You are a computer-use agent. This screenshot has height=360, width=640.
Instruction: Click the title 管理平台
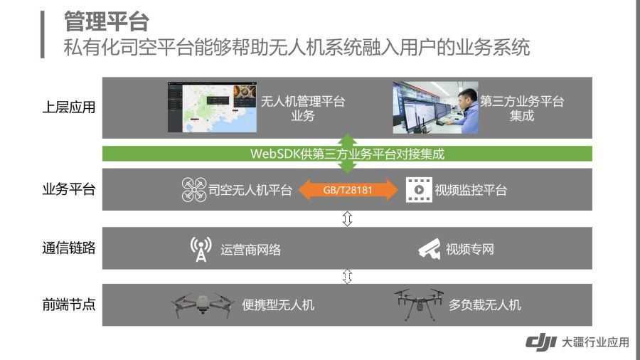(107, 21)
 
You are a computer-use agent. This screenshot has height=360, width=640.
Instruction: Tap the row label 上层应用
(69, 107)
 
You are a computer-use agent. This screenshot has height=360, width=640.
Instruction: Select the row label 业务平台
(69, 189)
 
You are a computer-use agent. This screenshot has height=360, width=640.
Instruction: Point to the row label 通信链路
(69, 248)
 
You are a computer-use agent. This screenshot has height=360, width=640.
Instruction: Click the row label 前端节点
(69, 305)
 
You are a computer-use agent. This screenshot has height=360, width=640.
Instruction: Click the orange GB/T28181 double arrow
(348, 190)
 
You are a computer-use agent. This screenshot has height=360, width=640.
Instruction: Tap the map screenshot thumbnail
(212, 107)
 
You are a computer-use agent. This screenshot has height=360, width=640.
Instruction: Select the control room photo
(435, 107)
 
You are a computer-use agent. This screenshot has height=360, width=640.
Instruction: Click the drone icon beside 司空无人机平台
(194, 190)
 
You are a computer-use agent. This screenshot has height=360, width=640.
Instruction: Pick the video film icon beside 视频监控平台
(419, 190)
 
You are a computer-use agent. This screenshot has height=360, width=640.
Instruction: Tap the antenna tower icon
(201, 249)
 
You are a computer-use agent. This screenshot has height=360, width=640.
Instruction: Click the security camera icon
(430, 248)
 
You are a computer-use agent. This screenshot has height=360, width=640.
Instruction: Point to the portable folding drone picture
(203, 305)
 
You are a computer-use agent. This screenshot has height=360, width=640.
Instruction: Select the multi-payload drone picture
(419, 304)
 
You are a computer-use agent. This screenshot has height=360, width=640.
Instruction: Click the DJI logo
(541, 342)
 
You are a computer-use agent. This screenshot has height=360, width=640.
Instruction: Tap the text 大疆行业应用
(595, 342)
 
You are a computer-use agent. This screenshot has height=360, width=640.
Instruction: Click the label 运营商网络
(250, 250)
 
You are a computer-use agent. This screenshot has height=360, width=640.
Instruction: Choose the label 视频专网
(470, 249)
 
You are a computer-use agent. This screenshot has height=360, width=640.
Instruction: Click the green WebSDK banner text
(347, 154)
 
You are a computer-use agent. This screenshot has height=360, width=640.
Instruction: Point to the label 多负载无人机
(485, 305)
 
